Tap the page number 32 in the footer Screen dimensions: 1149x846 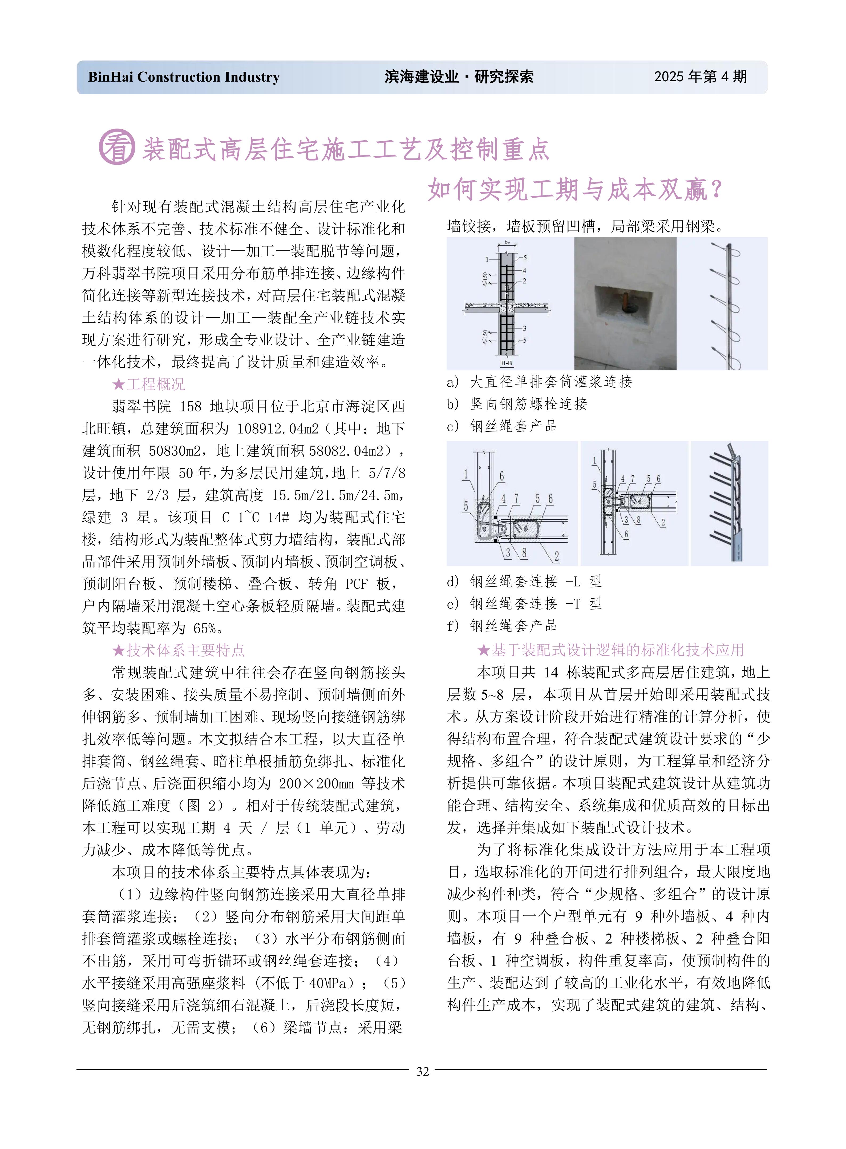pyautogui.click(x=423, y=1071)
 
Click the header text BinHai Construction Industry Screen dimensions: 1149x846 pyautogui.click(x=184, y=77)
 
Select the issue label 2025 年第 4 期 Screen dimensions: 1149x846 pyautogui.click(x=700, y=77)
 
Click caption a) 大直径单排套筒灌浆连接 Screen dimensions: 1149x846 pyautogui.click(x=539, y=382)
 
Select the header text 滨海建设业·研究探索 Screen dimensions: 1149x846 pyautogui.click(x=459, y=77)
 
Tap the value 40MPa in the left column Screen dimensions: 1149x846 pyautogui.click(x=331, y=983)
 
